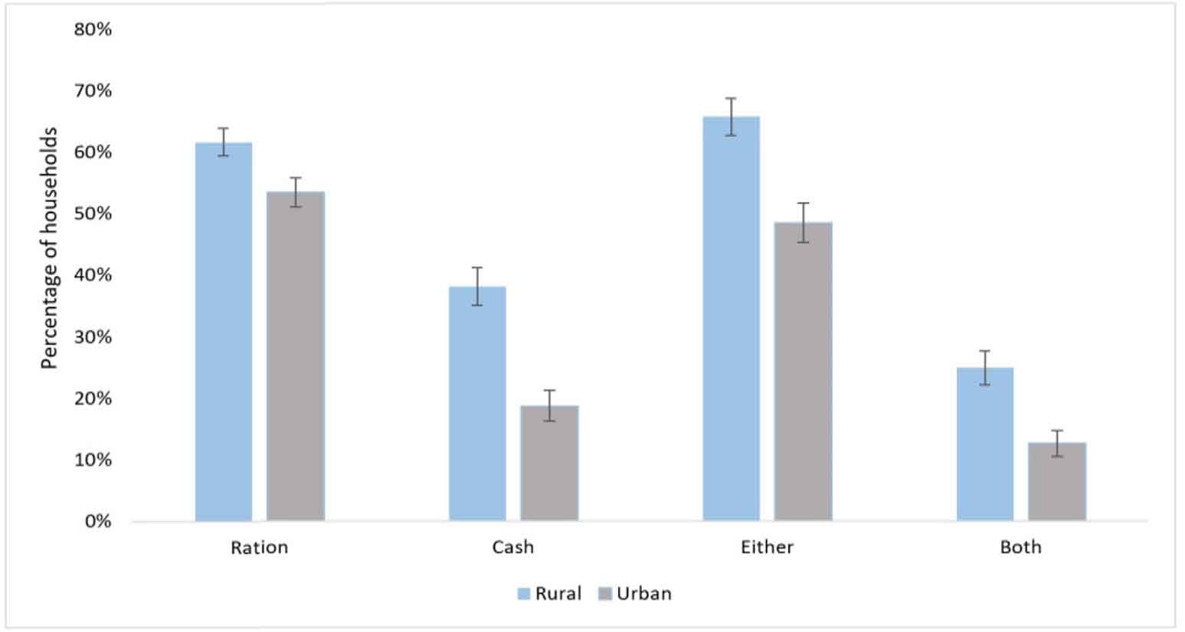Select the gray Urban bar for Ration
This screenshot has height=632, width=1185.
[295, 356]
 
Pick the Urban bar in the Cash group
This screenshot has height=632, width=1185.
[548, 463]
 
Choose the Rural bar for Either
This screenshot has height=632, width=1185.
[731, 319]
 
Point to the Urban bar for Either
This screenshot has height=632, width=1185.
[803, 372]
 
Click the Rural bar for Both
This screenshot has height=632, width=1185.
[984, 444]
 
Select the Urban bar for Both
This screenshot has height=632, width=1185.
[1056, 481]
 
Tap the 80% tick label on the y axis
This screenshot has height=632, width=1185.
[93, 29]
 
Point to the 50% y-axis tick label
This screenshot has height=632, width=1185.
[93, 214]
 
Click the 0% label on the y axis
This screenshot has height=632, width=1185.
[97, 522]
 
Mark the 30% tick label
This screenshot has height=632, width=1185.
[93, 337]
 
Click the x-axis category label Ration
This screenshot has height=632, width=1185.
[259, 547]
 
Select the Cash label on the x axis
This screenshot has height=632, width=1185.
[512, 547]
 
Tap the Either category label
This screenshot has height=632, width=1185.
[767, 547]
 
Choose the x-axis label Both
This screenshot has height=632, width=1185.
[1020, 547]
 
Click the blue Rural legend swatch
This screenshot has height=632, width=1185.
[524, 594]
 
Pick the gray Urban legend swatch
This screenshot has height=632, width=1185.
[605, 594]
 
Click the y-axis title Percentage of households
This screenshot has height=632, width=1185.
[49, 248]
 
